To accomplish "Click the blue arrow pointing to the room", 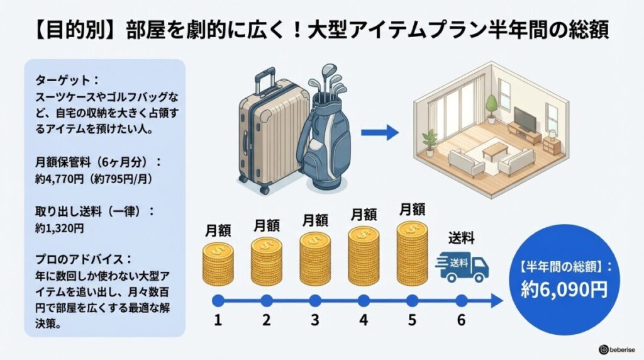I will point(380,132).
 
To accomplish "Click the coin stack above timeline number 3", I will point(315,258).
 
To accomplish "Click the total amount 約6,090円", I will point(565,289).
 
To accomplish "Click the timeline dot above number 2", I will point(267,300).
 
